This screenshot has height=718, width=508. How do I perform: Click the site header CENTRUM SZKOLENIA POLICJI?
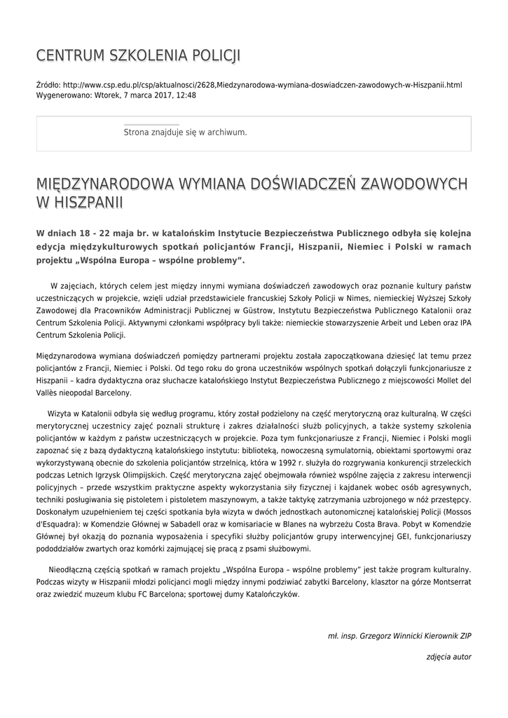(x=138, y=55)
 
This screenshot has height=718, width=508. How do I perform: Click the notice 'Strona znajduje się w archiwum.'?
(x=185, y=132)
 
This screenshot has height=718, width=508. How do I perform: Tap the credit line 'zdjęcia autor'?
(x=448, y=657)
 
